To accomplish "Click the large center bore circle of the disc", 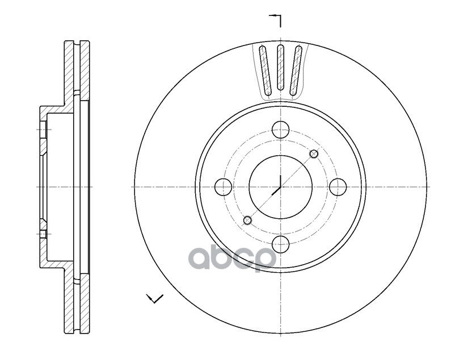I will coord(280,186).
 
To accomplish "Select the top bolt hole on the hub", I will coord(280,130).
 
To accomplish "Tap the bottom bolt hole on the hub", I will coord(280,244).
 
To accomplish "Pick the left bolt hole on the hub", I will coord(224,186).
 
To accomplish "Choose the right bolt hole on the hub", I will coord(338,186).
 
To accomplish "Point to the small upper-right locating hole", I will coord(314,153).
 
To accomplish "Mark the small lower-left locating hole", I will coord(247,220).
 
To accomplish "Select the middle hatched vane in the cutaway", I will coord(280,68).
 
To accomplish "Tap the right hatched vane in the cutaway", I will coord(297,69).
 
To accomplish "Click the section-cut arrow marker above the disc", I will coord(276,19).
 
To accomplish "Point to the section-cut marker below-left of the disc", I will coord(154,298).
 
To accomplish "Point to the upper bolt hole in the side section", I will coord(44,130).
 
